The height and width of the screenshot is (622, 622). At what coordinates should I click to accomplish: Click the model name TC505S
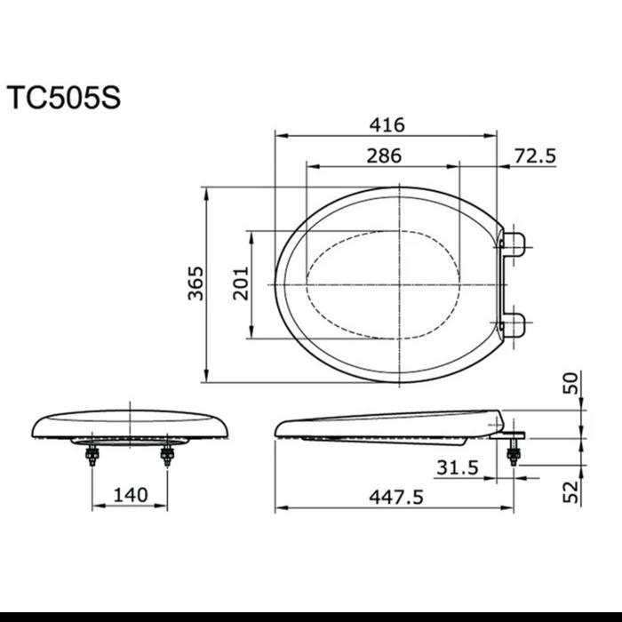63,97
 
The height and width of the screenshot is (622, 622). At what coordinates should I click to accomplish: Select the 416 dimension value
385,124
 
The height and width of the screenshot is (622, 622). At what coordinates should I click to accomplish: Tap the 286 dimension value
383,155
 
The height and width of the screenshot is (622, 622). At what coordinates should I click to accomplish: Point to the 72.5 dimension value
534,155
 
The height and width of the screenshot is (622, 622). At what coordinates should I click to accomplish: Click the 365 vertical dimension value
195,283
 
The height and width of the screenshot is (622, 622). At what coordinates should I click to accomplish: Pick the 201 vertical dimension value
242,283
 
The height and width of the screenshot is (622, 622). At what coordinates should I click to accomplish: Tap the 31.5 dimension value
459,466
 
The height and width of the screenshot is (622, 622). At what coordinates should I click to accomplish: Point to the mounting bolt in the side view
512,453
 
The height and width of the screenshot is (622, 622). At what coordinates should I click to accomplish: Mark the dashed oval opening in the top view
383,283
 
